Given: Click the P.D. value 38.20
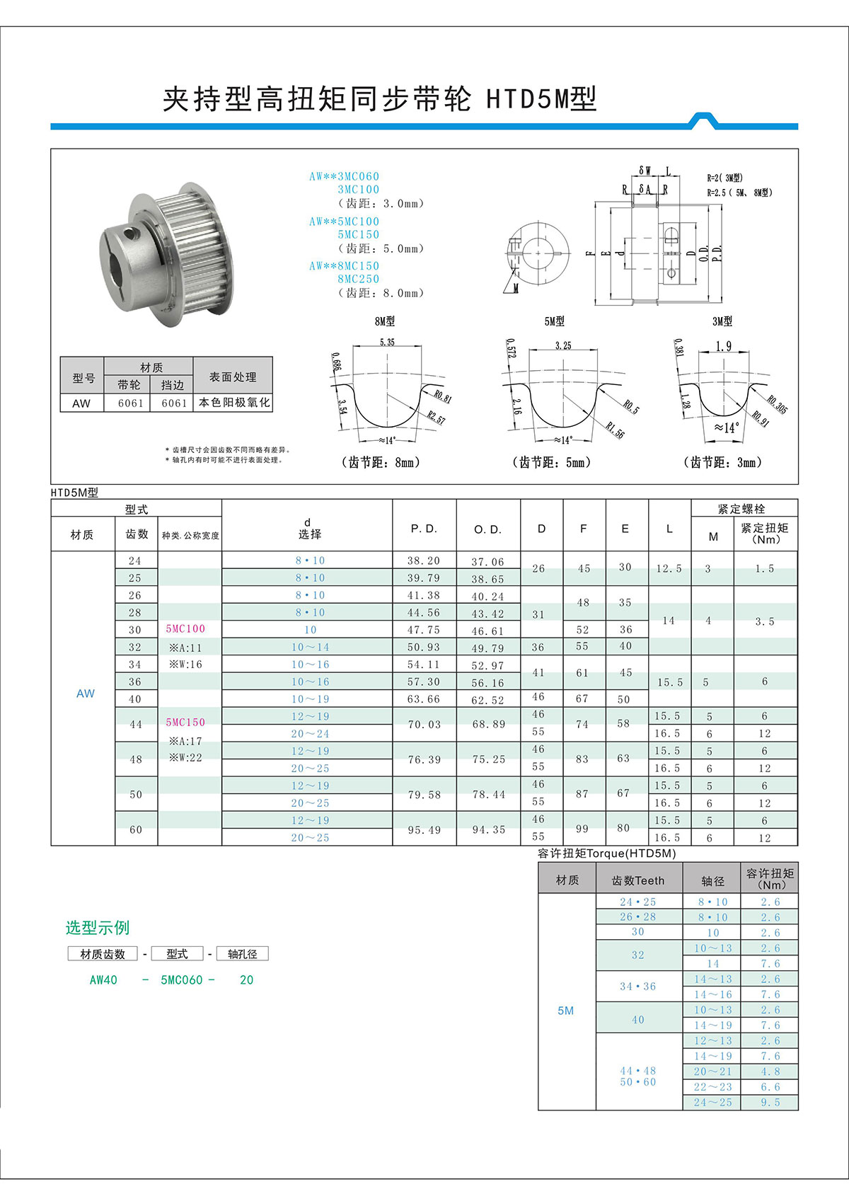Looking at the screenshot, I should click(423, 561).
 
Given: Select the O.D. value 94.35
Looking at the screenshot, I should click(488, 829).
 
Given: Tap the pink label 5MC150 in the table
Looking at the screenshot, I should click(185, 722).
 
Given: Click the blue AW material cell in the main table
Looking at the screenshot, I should click(85, 694).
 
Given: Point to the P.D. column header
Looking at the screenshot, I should click(424, 529).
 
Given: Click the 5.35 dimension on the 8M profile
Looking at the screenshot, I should click(387, 342).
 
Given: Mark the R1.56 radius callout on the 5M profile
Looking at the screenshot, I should click(614, 430).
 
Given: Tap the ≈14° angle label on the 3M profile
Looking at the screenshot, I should click(726, 427).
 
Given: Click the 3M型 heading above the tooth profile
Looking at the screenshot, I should click(722, 321).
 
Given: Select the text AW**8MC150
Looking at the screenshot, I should click(344, 265).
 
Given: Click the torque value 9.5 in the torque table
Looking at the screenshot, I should click(770, 1102).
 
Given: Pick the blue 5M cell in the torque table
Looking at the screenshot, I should click(565, 1011).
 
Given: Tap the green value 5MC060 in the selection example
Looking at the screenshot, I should click(182, 979).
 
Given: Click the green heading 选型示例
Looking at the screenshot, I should click(98, 927).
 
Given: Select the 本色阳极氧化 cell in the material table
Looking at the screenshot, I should click(233, 402).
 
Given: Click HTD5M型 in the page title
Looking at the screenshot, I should click(541, 99).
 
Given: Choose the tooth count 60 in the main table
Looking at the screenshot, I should click(136, 829).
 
